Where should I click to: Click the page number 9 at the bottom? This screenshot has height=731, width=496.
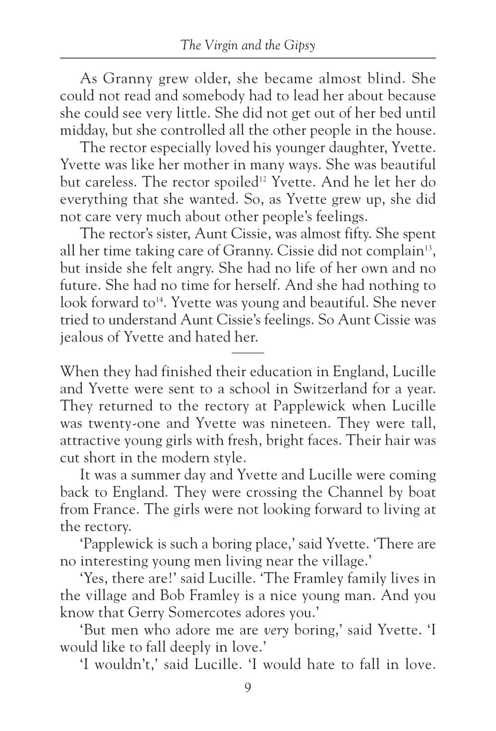248,688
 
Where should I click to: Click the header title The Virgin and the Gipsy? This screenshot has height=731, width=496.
248,46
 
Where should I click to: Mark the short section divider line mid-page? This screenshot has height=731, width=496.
248,352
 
